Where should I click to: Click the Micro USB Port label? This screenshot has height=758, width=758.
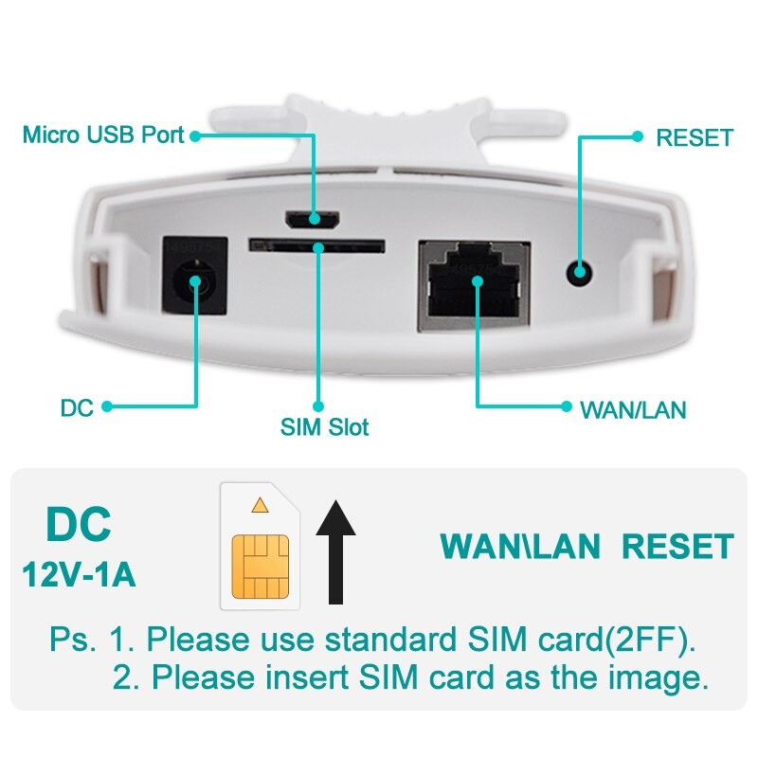click(103, 135)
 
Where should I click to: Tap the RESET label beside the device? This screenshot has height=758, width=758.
click(695, 137)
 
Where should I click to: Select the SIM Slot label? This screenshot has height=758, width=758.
click(324, 426)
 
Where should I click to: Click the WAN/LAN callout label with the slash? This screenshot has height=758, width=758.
click(632, 410)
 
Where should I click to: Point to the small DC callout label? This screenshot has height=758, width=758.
click(77, 408)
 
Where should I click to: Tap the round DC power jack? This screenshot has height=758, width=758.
click(198, 281)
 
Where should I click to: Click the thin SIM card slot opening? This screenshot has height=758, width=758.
click(316, 244)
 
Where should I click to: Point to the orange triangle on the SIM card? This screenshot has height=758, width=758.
click(260, 505)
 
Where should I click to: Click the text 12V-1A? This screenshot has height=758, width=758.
click(80, 575)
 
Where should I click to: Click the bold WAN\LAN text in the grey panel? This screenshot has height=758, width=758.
click(521, 547)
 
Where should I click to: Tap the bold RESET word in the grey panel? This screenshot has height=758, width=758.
click(677, 547)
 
